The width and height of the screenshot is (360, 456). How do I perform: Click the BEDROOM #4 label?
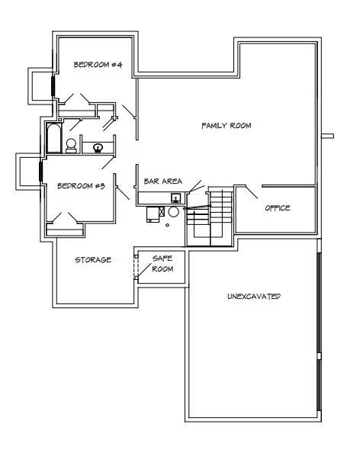[x=98, y=64]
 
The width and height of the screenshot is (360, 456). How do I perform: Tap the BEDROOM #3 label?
[x=81, y=185]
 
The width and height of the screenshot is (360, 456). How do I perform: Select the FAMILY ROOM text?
[x=227, y=126]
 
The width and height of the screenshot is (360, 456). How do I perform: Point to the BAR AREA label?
[x=163, y=181]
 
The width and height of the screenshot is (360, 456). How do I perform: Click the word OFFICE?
[x=278, y=208]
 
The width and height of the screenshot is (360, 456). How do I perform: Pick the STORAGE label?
[x=93, y=259]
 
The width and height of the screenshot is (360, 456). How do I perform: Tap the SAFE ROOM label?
[x=163, y=264]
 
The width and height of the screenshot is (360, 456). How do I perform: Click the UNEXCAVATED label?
[x=254, y=297]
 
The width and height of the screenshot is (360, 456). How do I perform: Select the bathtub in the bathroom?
[x=54, y=138]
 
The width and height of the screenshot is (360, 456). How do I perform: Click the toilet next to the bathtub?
[x=71, y=146]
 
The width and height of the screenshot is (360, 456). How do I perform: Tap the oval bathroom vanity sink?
[x=98, y=147]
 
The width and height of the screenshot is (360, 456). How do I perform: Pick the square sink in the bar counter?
[x=175, y=197]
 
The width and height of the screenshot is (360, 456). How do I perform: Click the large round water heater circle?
[x=173, y=212]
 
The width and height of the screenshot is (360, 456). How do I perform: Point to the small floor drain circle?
[x=167, y=225]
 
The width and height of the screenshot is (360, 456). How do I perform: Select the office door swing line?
[x=252, y=192]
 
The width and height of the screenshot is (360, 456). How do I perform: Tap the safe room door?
[x=144, y=271]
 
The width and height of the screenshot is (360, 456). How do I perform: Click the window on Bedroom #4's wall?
[x=53, y=86]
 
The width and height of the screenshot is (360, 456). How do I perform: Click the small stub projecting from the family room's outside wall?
[x=328, y=136]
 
